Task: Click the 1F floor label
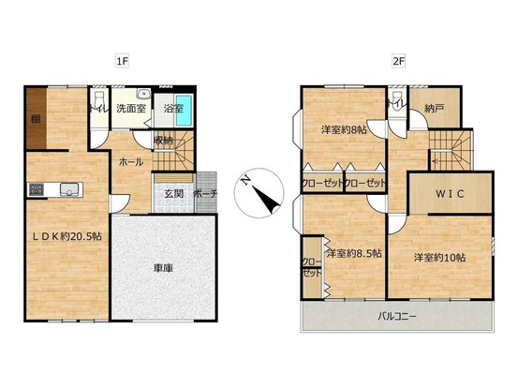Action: (122, 62)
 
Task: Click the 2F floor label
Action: (399, 62)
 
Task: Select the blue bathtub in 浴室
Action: (184, 111)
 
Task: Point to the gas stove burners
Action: (37, 189)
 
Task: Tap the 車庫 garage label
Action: (164, 268)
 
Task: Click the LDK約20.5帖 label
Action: (67, 236)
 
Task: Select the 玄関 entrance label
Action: (174, 194)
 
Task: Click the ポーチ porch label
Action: (205, 194)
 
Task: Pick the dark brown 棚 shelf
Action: (36, 118)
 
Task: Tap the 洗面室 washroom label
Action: (131, 108)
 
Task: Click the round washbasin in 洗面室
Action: (143, 94)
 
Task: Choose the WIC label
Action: (450, 194)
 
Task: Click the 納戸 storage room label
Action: (434, 108)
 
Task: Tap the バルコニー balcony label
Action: (397, 317)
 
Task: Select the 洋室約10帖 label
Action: (440, 257)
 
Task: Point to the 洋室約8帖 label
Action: (344, 130)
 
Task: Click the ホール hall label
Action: (131, 162)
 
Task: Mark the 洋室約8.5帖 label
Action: (354, 253)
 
